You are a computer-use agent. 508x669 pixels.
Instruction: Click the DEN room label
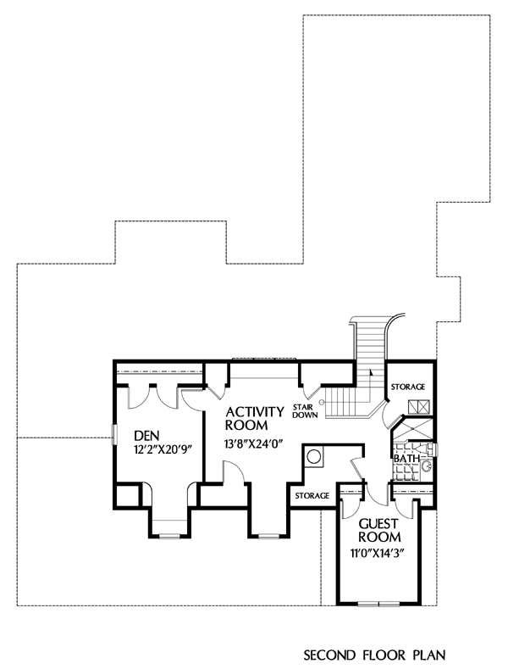click(146, 436)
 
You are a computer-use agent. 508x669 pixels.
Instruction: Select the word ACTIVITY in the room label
click(255, 412)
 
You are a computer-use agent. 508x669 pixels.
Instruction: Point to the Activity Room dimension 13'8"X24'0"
click(253, 443)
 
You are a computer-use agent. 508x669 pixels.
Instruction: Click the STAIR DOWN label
click(305, 411)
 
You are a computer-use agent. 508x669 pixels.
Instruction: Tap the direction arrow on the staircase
click(371, 372)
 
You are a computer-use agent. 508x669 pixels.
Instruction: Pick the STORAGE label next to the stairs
click(408, 387)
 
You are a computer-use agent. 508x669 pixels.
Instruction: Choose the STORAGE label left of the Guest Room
click(312, 495)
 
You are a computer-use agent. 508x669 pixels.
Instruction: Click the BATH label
click(406, 459)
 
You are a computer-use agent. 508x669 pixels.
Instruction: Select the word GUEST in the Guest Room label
click(378, 524)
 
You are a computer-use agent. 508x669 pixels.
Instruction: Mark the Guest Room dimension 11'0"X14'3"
click(377, 554)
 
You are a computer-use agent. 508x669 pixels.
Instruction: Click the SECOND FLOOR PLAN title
click(374, 655)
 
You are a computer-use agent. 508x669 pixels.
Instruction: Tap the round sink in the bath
click(427, 466)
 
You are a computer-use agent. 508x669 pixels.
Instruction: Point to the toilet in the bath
click(424, 448)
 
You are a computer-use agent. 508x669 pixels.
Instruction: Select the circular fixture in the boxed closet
click(314, 457)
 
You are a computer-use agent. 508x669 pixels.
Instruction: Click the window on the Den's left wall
click(113, 435)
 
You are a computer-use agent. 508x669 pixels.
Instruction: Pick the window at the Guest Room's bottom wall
click(378, 604)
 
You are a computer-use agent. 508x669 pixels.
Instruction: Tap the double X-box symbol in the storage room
click(419, 407)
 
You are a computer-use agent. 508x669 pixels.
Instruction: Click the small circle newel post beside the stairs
click(323, 402)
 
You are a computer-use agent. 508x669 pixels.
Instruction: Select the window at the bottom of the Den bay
click(169, 535)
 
